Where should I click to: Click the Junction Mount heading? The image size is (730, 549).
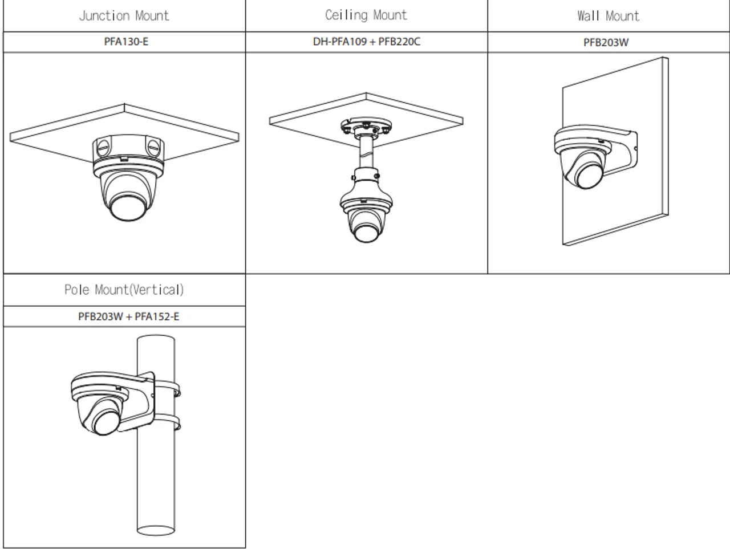tap(124, 15)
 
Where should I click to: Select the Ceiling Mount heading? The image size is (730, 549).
tap(366, 15)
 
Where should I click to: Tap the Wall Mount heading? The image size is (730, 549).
tap(608, 15)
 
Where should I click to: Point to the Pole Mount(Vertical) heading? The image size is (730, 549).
tap(124, 290)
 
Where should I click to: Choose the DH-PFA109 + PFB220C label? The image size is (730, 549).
tap(366, 42)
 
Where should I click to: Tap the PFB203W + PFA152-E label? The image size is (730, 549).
tap(128, 316)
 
